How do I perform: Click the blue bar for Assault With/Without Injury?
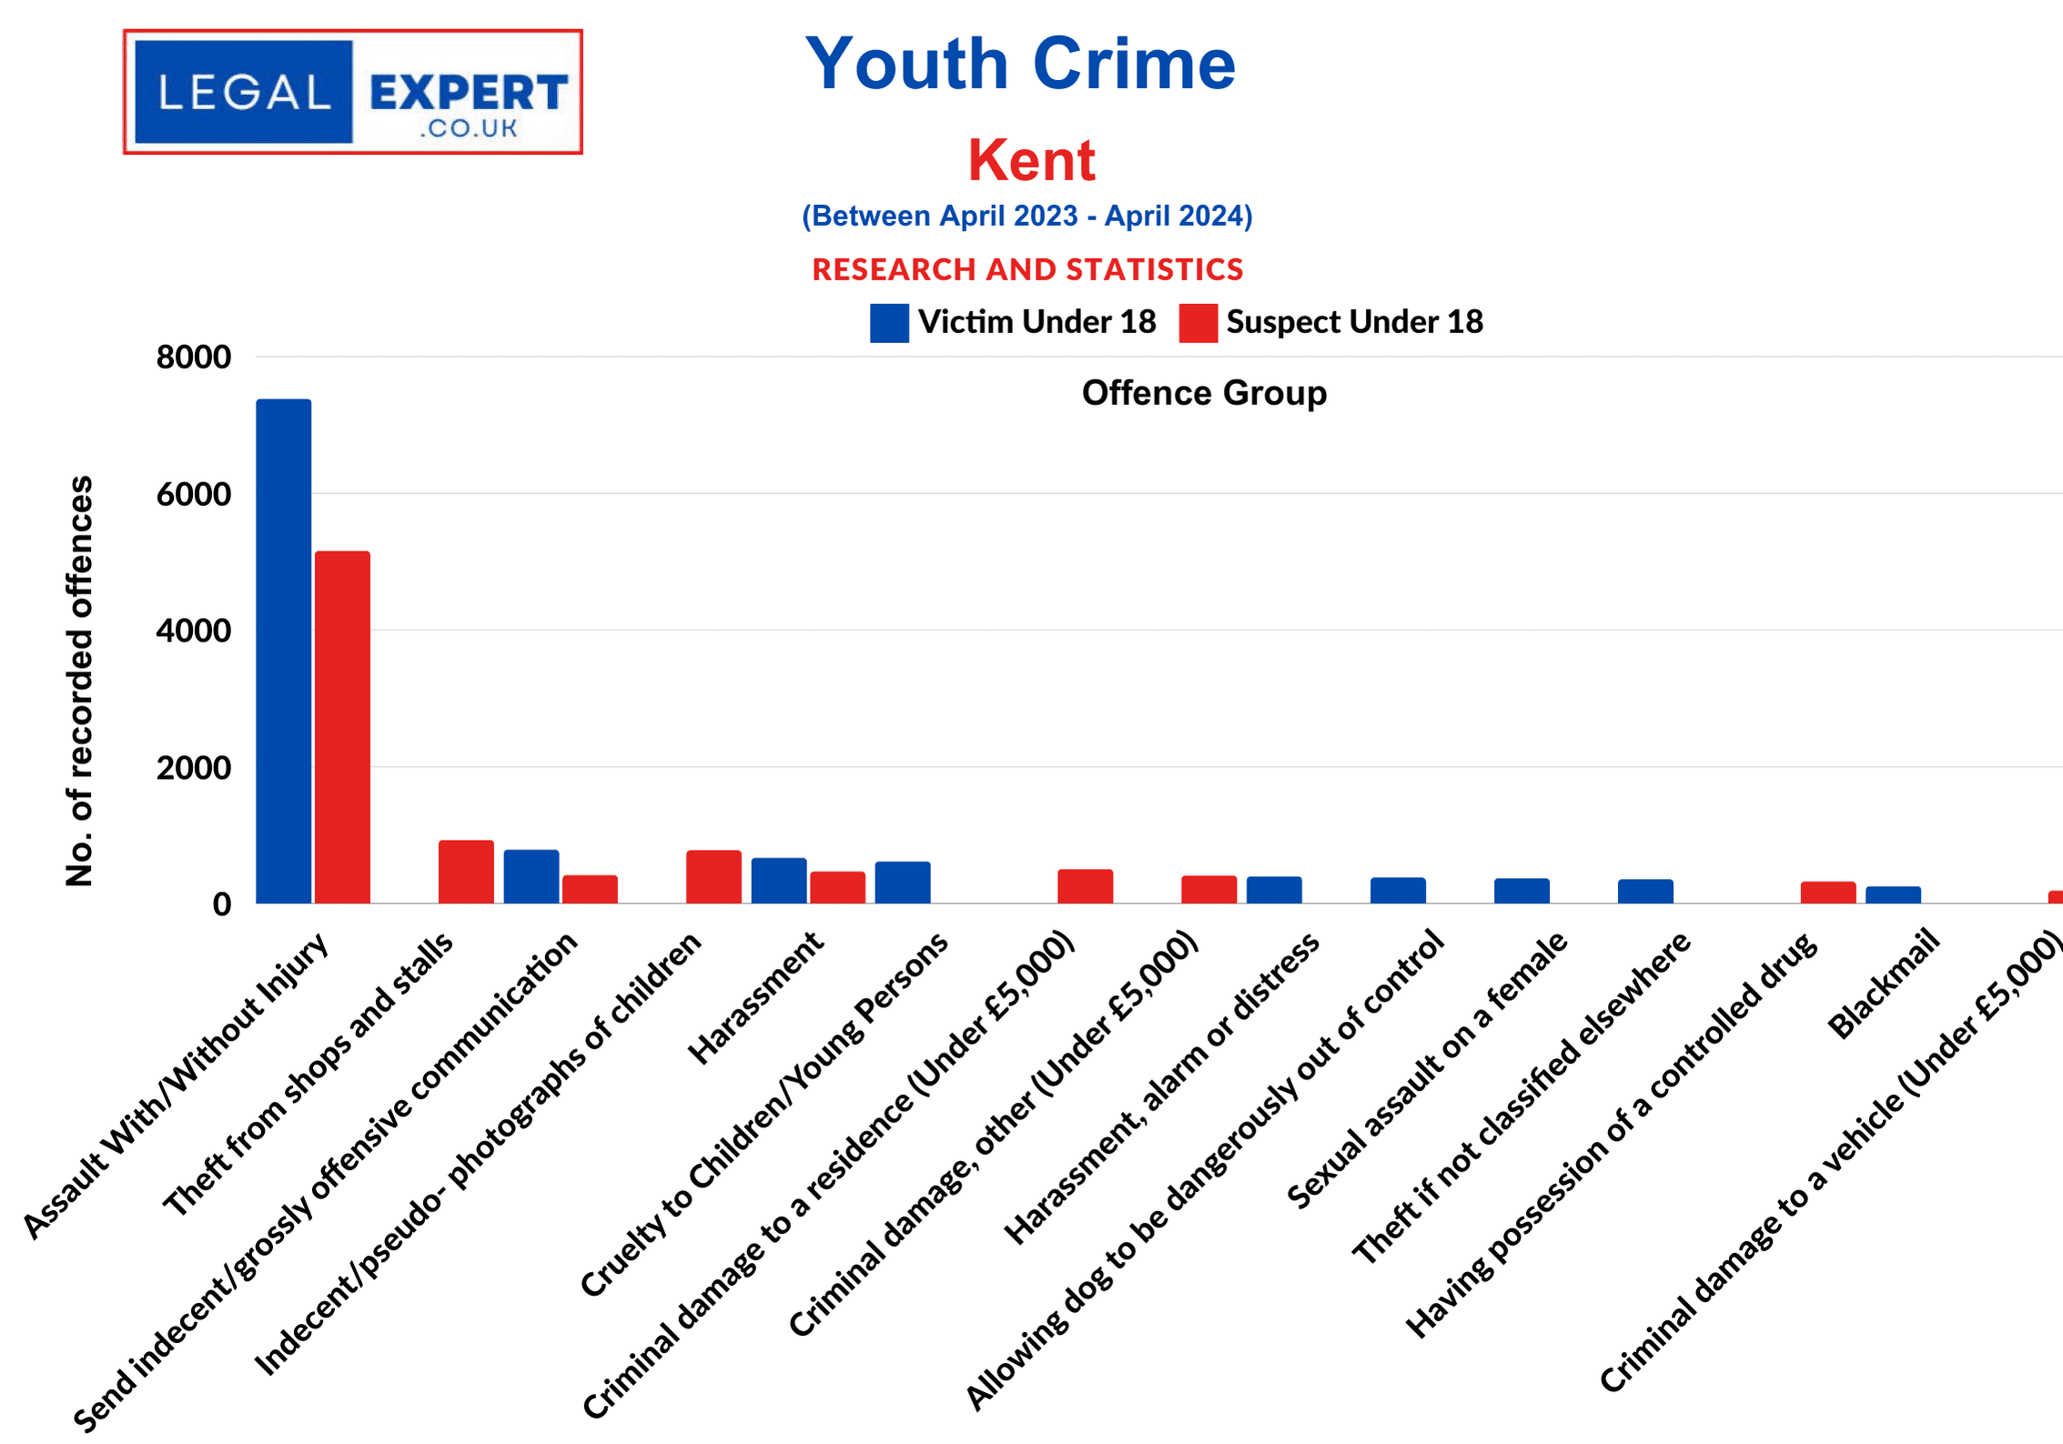(x=283, y=651)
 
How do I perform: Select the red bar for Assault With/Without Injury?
(x=342, y=727)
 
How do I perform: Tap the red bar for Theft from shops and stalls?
(x=466, y=872)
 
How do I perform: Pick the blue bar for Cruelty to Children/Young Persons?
(x=903, y=882)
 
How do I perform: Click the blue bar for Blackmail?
(x=1893, y=894)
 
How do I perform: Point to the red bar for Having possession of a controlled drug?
(x=1827, y=892)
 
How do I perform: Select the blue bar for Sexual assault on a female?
(x=1522, y=890)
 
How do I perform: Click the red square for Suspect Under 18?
(x=1198, y=323)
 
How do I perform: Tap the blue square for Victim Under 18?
(x=889, y=323)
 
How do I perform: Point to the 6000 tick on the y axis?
(x=194, y=494)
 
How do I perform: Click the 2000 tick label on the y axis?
(x=194, y=768)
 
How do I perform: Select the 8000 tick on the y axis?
(x=194, y=357)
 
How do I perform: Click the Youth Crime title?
(x=1020, y=64)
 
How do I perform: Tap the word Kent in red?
(x=1031, y=160)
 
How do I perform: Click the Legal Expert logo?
(x=353, y=92)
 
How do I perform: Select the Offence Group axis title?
(x=1204, y=393)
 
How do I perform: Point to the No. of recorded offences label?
(x=80, y=681)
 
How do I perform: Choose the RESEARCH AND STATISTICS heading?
(x=1027, y=269)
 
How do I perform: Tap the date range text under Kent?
(x=1027, y=216)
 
